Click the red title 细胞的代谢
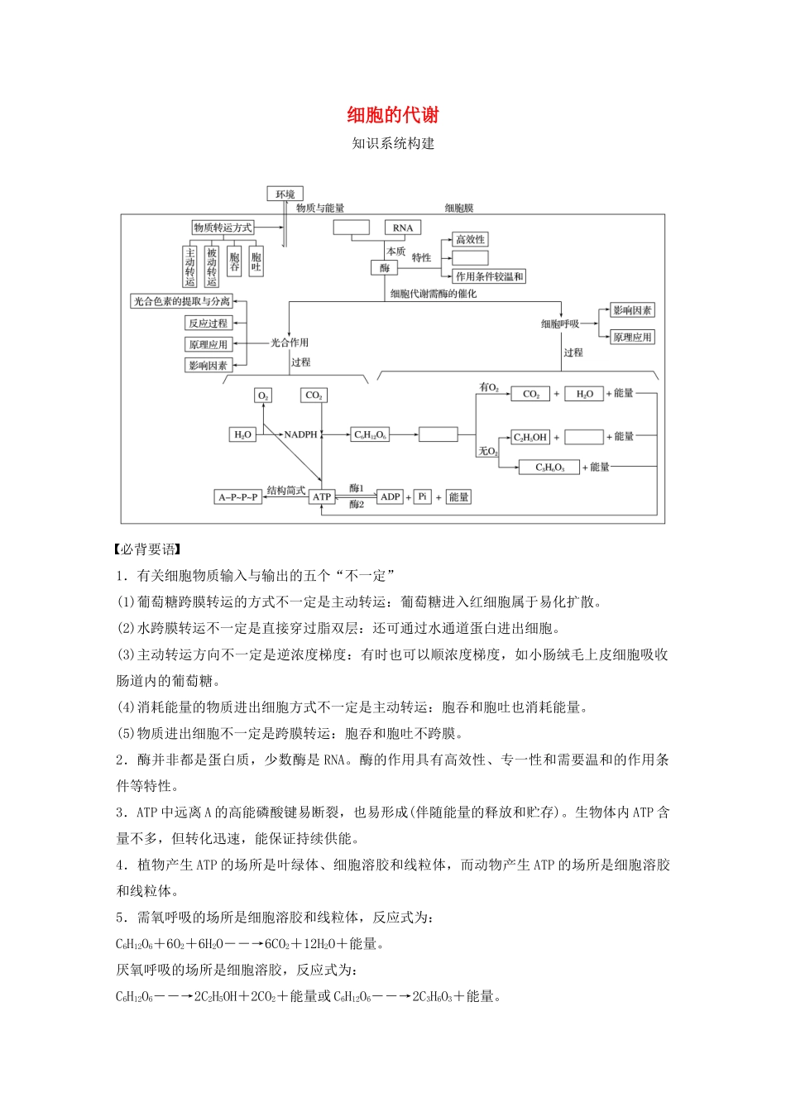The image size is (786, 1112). coord(393,115)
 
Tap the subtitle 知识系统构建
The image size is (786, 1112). coord(393,143)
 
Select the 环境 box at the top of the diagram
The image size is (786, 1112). coord(285,194)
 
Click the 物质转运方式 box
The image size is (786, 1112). coord(223,228)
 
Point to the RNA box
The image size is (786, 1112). coord(403,228)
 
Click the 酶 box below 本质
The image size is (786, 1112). coord(385,268)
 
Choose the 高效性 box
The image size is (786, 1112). coord(471,239)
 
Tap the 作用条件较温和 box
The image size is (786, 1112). coord(490,276)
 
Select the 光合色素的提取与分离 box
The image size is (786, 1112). coord(182,301)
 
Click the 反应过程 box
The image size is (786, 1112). coord(208,323)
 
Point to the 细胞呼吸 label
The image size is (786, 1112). coord(559,324)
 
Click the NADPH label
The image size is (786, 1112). coord(301,434)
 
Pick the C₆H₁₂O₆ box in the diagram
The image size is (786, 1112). coord(370,434)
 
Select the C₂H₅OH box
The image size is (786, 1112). coord(530,437)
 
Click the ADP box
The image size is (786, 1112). coord(390,496)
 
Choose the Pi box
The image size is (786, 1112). coord(422,496)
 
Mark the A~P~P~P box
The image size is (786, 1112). coord(238,496)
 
